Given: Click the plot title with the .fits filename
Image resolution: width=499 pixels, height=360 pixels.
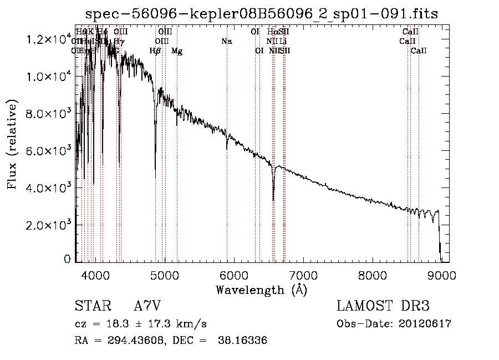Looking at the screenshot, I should (262, 14).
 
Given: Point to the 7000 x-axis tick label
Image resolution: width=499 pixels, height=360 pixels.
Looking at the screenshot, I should (303, 274).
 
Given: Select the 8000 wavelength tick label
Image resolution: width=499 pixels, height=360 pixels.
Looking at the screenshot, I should (373, 274).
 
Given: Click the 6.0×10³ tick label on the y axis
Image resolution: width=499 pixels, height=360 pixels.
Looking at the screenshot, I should (48, 151).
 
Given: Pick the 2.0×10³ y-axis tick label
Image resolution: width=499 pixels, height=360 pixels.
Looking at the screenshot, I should (48, 225).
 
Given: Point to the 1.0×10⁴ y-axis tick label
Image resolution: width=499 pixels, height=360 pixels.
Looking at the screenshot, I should (48, 77).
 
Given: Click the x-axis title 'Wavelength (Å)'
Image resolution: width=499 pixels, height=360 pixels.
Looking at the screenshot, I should (261, 290).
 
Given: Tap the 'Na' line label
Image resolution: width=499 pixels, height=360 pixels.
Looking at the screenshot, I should (226, 42).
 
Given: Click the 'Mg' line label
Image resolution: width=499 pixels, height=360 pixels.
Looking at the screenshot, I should (177, 51).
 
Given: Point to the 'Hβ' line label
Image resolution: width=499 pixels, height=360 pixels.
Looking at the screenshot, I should (155, 51).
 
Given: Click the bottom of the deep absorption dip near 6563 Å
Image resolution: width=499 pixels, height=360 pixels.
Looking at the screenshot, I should (273, 200).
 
